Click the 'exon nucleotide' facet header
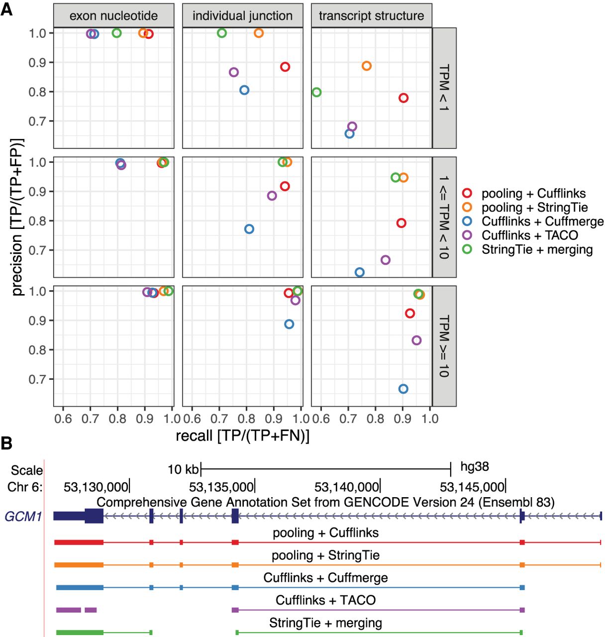113,16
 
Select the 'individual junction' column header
242,16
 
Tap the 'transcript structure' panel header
371,16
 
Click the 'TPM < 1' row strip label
444,88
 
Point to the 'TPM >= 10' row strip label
444,346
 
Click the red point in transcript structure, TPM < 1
403,98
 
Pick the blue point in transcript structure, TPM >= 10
403,389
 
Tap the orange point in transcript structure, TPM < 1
367,66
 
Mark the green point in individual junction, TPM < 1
222,33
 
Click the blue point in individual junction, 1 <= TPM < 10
249,229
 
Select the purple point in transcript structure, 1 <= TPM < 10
385,260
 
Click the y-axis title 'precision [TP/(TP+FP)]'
17,217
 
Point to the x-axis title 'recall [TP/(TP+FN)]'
242,435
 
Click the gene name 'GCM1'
23,517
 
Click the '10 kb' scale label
183,469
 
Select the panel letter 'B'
6,442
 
